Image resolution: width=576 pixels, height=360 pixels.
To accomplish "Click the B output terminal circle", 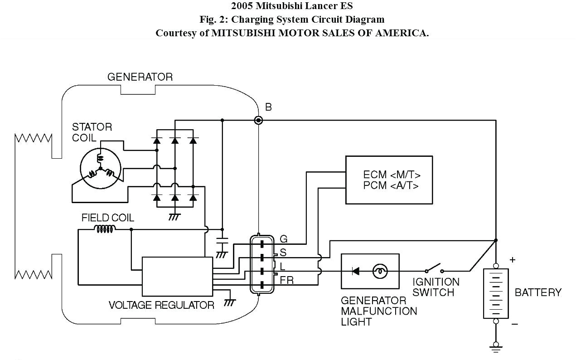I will [258, 120].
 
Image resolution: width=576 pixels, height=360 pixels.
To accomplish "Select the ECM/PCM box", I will [389, 180].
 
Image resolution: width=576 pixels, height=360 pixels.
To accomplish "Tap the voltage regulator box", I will [177, 276].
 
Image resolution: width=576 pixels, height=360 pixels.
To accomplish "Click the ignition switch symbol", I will [434, 268].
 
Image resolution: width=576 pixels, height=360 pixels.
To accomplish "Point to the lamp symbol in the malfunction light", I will [380, 271].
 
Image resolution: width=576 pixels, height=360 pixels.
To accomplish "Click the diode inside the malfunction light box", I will [356, 271].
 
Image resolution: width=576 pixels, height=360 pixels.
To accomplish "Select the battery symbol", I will [496, 293].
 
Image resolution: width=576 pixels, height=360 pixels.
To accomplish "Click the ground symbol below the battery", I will [496, 348].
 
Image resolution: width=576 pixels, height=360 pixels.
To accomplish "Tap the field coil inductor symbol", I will [104, 229].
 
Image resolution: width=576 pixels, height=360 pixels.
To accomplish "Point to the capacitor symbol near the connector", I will [222, 240].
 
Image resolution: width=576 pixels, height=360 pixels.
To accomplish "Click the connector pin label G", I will [284, 239].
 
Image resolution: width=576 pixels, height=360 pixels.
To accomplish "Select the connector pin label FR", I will [286, 281].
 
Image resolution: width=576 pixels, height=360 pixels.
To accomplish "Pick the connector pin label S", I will [283, 252].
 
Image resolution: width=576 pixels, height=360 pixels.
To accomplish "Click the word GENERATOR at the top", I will [140, 77].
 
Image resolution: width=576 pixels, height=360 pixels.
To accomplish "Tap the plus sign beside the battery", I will [513, 260].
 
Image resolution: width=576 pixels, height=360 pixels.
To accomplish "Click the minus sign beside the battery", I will [514, 324].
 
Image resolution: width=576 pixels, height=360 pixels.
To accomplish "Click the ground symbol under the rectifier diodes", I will [174, 216].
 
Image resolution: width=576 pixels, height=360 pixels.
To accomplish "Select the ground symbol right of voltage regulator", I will [230, 301].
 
